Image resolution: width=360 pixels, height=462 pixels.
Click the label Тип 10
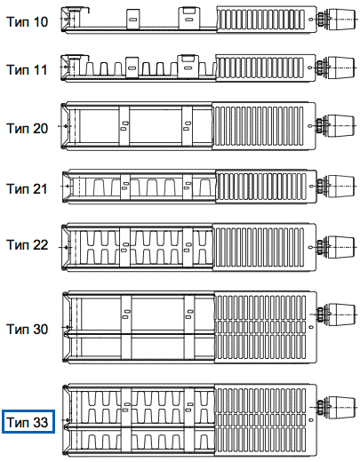(27, 21)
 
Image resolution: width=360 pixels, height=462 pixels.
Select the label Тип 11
(27, 70)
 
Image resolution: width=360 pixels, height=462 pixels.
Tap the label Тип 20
(27, 128)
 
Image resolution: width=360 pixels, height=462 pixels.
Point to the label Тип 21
(27, 188)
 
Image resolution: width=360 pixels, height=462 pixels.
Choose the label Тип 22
(27, 245)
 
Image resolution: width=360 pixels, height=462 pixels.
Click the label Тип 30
(27, 329)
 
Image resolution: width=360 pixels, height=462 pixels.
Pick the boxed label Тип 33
(28, 422)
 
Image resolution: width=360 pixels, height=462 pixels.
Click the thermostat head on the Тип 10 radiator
(341, 20)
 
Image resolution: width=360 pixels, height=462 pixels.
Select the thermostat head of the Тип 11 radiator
(341, 68)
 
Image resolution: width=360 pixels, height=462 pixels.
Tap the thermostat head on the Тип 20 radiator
(341, 125)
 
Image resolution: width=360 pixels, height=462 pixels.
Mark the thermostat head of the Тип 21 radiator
(341, 186)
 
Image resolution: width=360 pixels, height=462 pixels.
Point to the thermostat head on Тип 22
(341, 247)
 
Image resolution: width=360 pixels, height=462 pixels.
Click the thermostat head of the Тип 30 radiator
(341, 315)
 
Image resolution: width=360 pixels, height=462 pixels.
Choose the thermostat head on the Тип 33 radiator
(341, 408)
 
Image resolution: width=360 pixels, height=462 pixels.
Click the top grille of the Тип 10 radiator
(260, 20)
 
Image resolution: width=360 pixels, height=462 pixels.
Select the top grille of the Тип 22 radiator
(259, 247)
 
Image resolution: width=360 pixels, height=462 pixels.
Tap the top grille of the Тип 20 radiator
(258, 126)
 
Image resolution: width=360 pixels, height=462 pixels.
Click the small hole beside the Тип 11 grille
(310, 68)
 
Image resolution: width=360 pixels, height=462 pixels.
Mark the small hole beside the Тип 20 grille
(310, 126)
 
